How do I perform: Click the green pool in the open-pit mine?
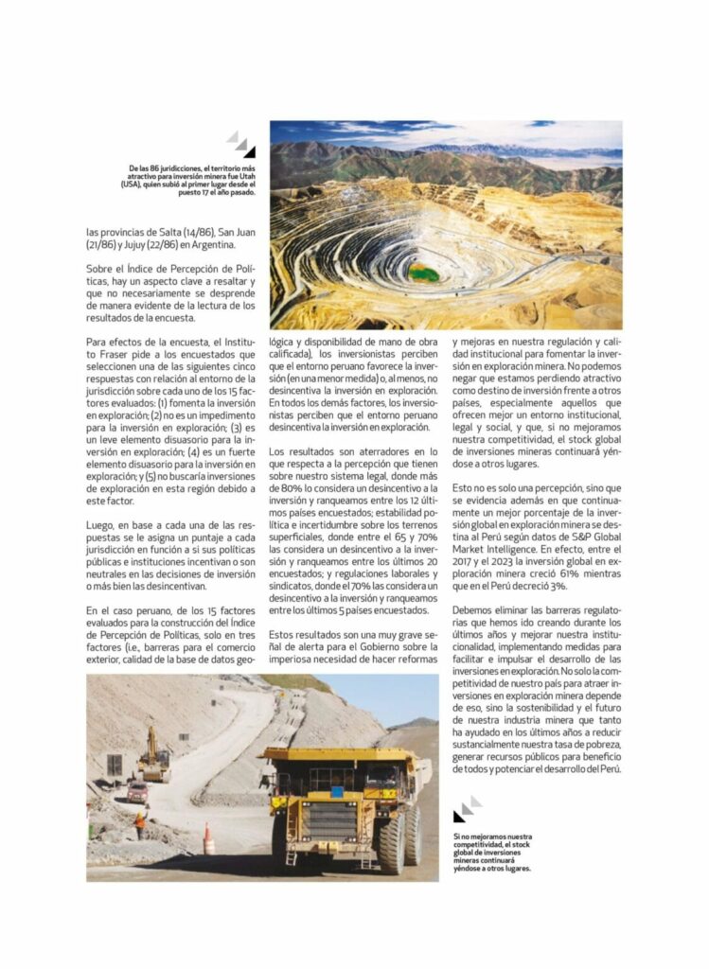(x=423, y=273)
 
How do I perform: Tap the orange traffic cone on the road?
(x=208, y=838)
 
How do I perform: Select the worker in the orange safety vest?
(x=140, y=824)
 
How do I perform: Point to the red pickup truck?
(x=138, y=791)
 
